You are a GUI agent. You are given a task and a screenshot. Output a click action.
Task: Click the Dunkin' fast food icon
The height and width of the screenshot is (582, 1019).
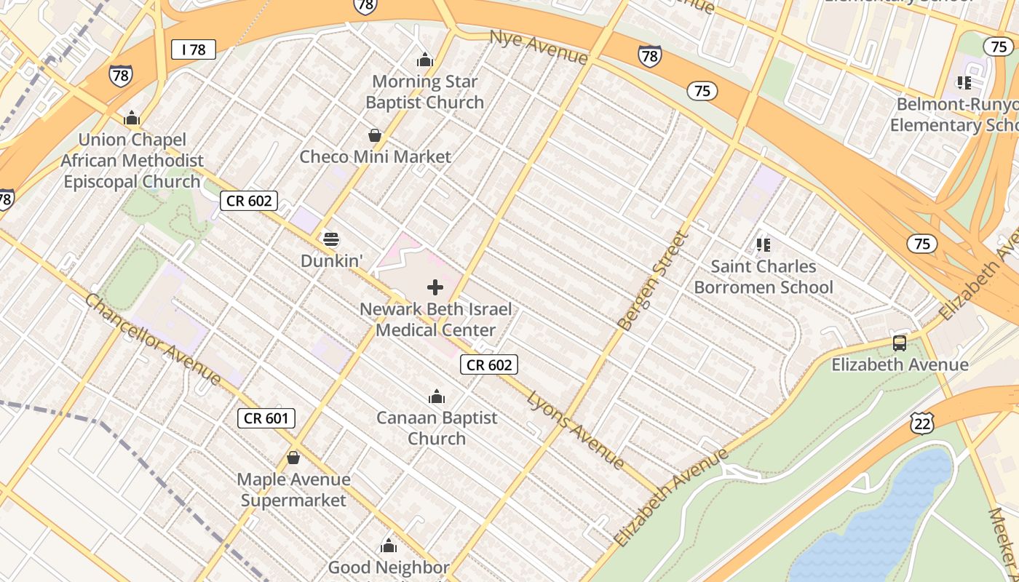(x=330, y=239)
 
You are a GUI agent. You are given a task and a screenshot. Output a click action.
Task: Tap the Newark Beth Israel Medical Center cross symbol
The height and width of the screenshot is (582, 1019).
(x=435, y=287)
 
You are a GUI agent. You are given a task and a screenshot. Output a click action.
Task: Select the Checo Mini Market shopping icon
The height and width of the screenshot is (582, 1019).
(x=375, y=135)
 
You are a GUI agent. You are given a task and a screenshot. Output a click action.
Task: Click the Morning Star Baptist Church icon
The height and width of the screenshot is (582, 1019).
(x=424, y=60)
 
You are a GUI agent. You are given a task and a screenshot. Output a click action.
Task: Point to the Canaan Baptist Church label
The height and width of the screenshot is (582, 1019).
(x=437, y=428)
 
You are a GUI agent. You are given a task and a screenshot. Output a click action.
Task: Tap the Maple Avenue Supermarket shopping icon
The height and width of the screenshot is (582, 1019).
(x=293, y=458)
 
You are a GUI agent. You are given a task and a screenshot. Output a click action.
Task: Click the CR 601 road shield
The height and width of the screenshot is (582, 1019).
(x=266, y=418)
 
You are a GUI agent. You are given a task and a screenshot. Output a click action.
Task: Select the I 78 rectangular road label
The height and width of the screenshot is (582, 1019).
(x=194, y=49)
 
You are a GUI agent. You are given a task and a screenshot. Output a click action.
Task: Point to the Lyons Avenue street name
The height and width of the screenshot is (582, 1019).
(x=575, y=429)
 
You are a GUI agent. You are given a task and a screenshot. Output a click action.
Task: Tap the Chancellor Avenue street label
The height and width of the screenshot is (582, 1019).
(x=153, y=339)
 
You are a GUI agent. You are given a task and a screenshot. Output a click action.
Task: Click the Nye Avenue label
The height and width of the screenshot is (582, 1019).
(x=538, y=47)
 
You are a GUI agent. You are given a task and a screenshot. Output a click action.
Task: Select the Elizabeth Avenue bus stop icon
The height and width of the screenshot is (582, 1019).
(x=900, y=343)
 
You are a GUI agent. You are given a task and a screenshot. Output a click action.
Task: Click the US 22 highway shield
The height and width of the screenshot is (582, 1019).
(x=921, y=423)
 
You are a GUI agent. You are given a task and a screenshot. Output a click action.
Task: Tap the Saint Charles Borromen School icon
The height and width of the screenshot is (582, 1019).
(x=763, y=244)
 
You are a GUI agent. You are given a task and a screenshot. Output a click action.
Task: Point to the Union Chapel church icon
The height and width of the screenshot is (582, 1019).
(x=131, y=118)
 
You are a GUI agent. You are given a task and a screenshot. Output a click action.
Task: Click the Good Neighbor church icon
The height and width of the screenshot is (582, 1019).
(x=389, y=546)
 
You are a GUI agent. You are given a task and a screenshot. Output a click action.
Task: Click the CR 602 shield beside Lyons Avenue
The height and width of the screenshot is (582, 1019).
(x=489, y=364)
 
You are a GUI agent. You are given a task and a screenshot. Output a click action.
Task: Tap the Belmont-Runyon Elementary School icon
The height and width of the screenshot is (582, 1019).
(x=965, y=82)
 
